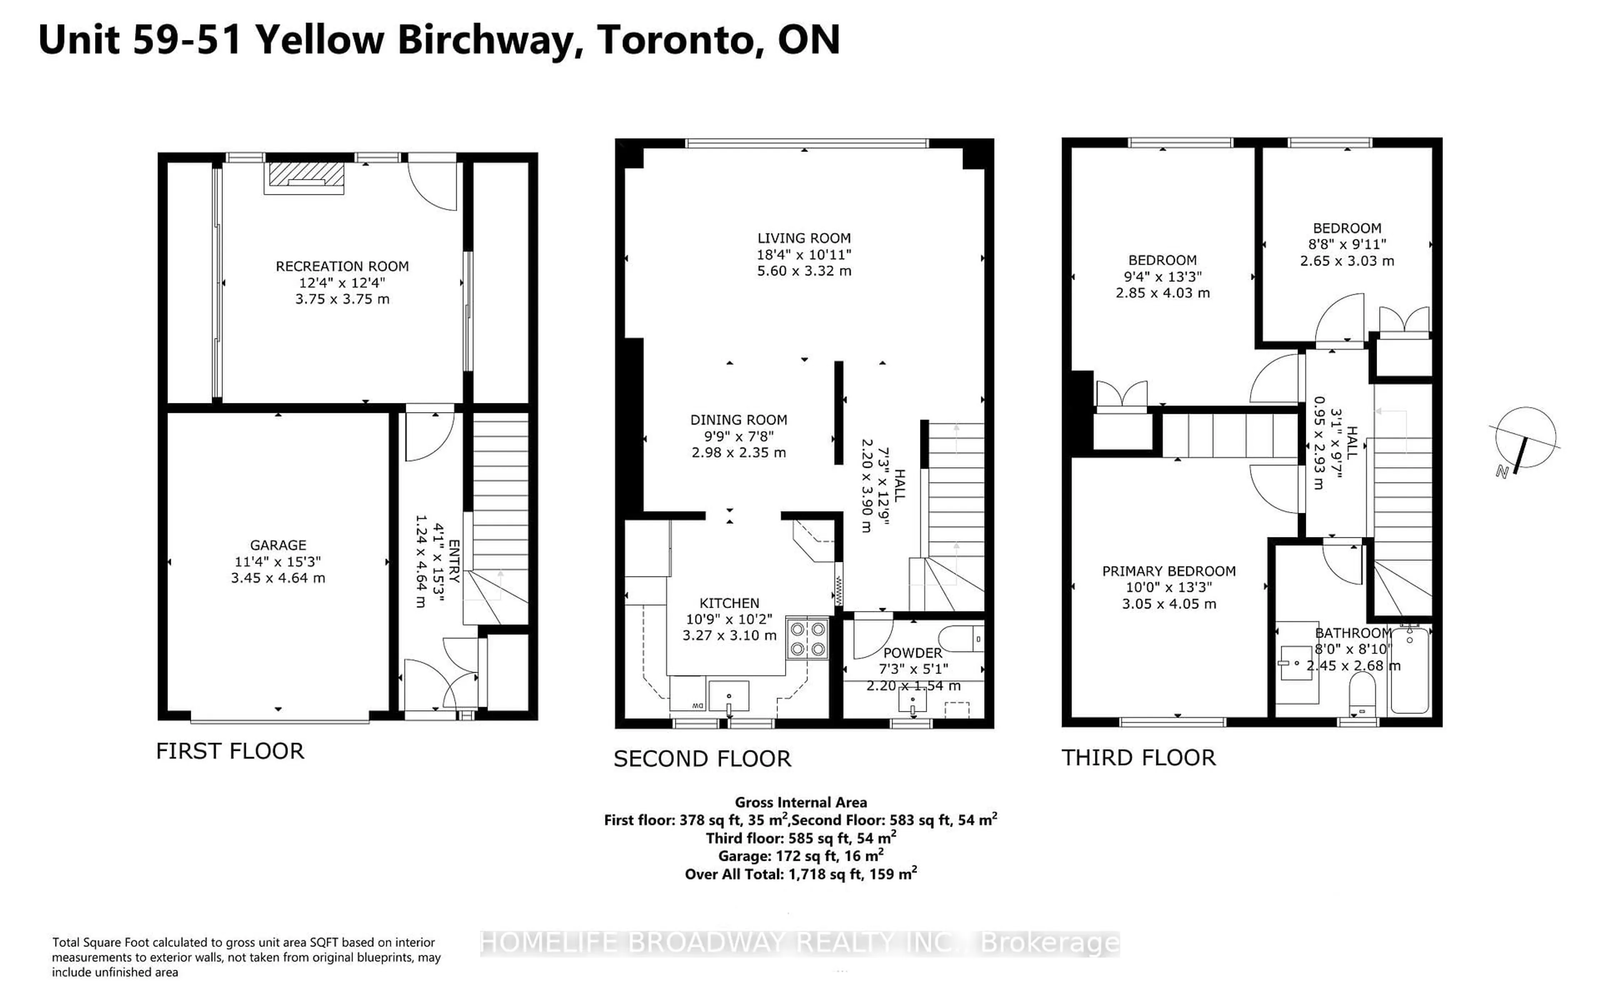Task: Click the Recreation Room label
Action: click(342, 266)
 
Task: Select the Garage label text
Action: click(277, 545)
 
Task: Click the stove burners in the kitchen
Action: click(807, 638)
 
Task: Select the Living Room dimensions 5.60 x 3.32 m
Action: click(804, 271)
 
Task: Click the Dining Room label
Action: click(738, 420)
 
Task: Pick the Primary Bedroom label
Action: click(1169, 571)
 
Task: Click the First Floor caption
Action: click(230, 751)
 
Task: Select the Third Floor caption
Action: click(1138, 758)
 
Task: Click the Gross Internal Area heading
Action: click(801, 802)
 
